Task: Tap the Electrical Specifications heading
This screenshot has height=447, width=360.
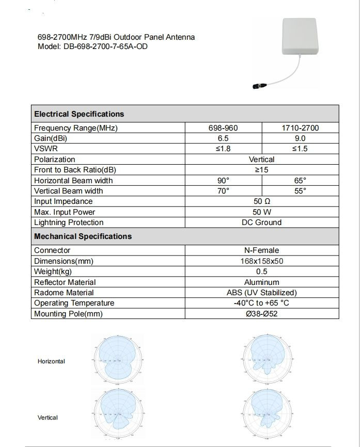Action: tap(79, 114)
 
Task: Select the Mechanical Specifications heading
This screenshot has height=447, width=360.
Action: tap(83, 236)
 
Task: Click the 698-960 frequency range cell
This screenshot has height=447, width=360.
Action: tap(224, 128)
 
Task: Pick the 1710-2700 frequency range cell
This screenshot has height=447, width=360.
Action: tap(300, 128)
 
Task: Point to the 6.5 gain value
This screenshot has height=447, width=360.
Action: tap(224, 138)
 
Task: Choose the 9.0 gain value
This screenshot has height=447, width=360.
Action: tap(300, 138)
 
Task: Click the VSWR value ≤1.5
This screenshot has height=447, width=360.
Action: tap(300, 149)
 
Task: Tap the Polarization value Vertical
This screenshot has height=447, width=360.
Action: tap(261, 159)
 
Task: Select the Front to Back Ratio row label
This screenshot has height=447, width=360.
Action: tap(75, 170)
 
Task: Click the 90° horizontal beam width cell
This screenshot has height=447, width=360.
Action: tap(224, 181)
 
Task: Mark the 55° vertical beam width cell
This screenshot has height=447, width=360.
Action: tap(300, 191)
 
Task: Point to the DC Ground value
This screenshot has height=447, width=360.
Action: tap(261, 222)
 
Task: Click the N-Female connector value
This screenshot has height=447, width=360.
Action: tap(261, 250)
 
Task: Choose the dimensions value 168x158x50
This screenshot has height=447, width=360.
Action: tap(261, 261)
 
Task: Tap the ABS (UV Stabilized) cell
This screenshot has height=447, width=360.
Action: tap(261, 293)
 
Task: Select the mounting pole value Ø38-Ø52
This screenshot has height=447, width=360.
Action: tap(261, 314)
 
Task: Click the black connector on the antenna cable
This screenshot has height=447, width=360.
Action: tap(257, 85)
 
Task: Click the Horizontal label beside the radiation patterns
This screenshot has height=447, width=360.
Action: tap(51, 361)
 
